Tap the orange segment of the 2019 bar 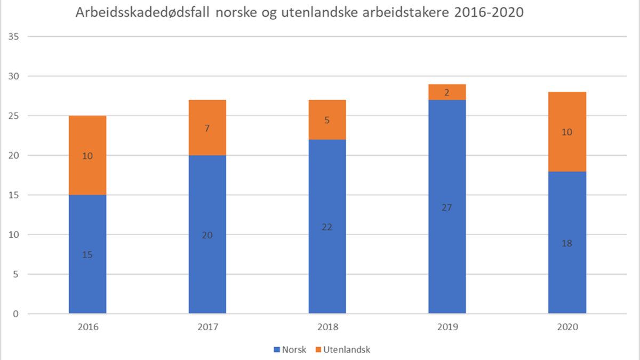click(x=447, y=92)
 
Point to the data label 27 click(x=447, y=207)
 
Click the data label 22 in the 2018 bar click(x=327, y=227)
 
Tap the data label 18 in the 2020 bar click(x=567, y=243)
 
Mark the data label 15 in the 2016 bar click(x=87, y=255)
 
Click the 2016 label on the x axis click(x=87, y=327)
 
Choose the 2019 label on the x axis click(x=447, y=327)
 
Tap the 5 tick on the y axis click(x=17, y=275)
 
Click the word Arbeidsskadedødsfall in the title click(x=144, y=13)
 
